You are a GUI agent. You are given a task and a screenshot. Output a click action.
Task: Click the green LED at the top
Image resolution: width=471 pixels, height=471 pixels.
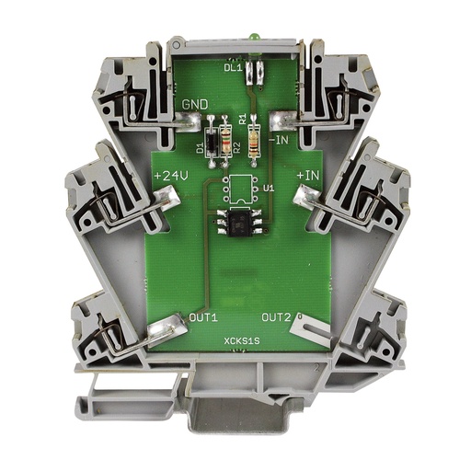250,37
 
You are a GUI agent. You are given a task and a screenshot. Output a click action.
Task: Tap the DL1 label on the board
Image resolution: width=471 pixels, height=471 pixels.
232,65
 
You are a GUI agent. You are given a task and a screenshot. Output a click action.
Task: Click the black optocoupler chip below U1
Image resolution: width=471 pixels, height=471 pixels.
237,220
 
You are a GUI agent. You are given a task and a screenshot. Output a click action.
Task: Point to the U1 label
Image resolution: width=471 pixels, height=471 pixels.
269,188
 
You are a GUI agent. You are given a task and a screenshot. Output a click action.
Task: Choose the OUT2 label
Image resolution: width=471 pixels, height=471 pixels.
277,317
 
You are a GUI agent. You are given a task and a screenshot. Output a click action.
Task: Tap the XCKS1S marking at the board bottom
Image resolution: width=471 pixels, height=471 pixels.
240,347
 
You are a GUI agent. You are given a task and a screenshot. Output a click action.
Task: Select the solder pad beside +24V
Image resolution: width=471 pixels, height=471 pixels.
168,194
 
